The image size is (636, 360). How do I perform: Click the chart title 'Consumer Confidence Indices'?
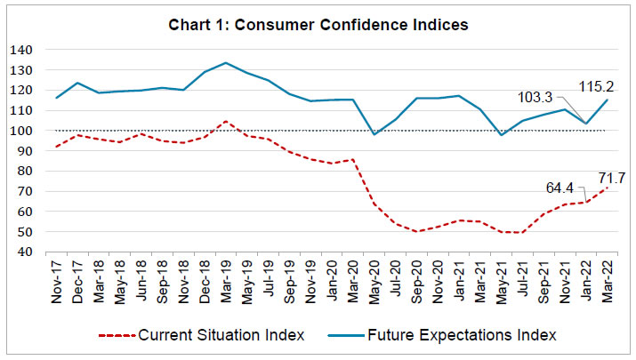[x=318, y=24]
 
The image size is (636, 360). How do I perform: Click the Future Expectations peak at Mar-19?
[x=226, y=63]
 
